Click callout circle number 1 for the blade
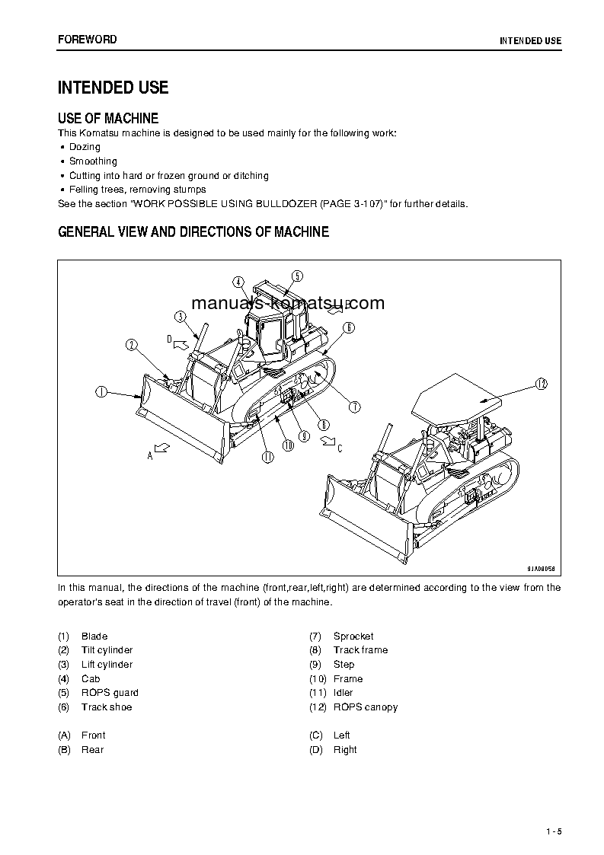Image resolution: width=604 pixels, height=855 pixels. point(101,392)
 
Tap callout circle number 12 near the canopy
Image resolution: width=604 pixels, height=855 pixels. point(542,384)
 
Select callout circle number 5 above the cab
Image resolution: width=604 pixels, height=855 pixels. point(296,276)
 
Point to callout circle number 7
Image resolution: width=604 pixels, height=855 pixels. point(355,407)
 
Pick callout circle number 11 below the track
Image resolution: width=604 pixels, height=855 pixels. point(267,457)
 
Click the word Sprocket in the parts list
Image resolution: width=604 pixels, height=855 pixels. point(353,636)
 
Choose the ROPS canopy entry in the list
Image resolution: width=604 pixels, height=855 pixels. point(365,707)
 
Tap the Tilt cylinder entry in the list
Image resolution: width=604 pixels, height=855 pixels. point(107,650)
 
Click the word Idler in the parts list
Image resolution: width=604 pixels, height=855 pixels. point(343,693)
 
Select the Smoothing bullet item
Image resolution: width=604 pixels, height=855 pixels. point(93,161)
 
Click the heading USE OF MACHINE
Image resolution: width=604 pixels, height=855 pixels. point(108,119)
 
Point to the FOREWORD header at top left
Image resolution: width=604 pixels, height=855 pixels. point(87,39)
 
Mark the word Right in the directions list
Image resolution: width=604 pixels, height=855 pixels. point(345,750)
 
